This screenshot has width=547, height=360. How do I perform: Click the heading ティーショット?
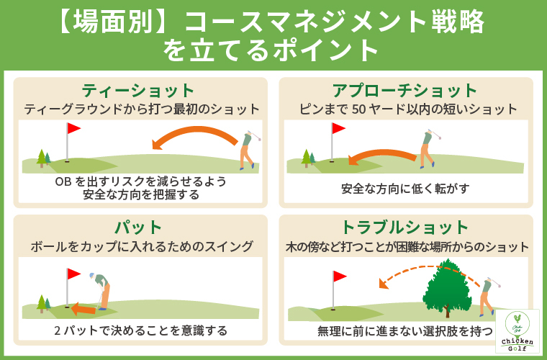pos(137,91)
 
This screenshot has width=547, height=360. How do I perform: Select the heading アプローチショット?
pos(405,91)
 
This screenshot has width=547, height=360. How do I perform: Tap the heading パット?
pos(138,228)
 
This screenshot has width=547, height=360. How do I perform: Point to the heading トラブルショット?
pos(405,228)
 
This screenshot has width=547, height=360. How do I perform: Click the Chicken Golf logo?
pos(517,330)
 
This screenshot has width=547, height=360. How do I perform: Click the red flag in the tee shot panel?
pos(73,128)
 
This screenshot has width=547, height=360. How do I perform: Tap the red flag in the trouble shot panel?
pos(340,276)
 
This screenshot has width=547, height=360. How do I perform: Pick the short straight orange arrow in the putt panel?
pos(83,309)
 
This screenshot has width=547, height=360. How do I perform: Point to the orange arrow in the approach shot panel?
pos(382,155)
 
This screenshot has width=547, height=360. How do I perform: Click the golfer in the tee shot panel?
pos(250,150)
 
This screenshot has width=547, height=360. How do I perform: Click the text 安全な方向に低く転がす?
pos(405,189)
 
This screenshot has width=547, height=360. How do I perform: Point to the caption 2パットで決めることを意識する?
pos(140,330)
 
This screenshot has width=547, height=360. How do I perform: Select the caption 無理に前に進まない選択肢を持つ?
pos(405,330)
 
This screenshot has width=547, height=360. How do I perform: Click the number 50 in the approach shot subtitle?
pos(359,109)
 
